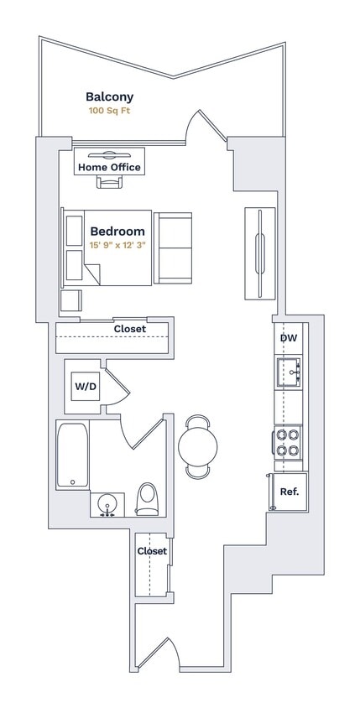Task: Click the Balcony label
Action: click(x=109, y=97)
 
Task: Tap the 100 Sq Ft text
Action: click(x=109, y=111)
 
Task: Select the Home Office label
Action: click(x=109, y=168)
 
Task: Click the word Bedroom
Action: click(x=117, y=232)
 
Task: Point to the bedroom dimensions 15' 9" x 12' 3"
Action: click(x=117, y=245)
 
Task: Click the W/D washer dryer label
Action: click(x=85, y=387)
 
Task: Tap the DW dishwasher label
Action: click(x=288, y=338)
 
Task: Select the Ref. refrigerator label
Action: click(x=290, y=492)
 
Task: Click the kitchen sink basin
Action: click(x=289, y=369)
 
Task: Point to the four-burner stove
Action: click(x=289, y=442)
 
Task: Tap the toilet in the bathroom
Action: click(x=148, y=500)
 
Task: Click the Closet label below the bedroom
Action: click(x=130, y=329)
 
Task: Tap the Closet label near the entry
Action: click(x=152, y=551)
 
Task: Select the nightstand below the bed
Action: click(x=70, y=300)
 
